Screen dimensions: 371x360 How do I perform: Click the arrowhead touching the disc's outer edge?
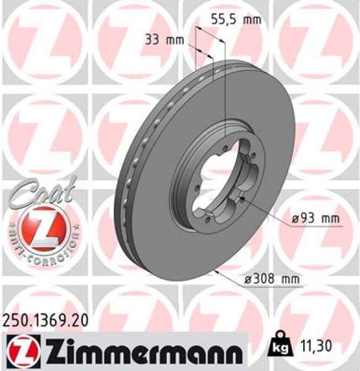coord(217,271)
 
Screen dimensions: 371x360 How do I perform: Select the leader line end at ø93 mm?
coord(244,198)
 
